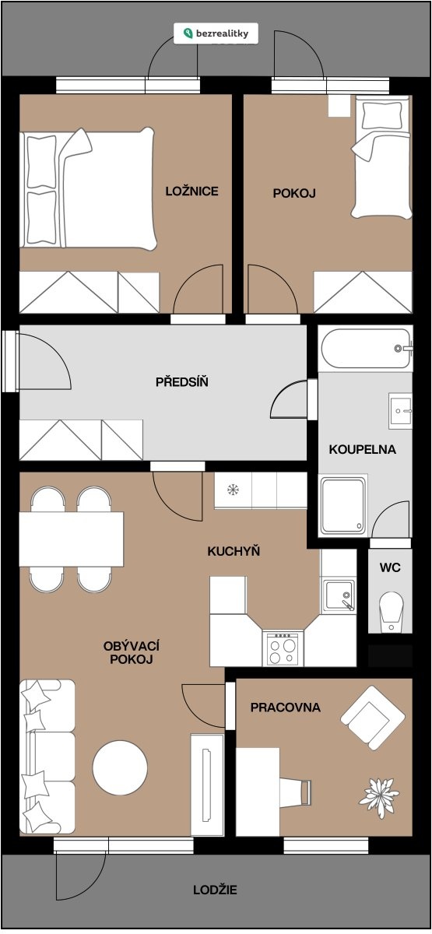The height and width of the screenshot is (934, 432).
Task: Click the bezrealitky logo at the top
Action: coord(216,33)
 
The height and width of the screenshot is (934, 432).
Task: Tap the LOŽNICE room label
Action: coord(191,191)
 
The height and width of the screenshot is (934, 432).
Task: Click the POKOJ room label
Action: coord(294,193)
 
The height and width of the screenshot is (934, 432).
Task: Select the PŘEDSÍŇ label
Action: coord(182,381)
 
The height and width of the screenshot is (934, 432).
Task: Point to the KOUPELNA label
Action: coord(363,450)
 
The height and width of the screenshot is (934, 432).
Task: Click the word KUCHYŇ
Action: coord(234,551)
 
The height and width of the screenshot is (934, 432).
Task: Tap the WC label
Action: coord(390,567)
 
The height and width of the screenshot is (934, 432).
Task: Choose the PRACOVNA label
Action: coord(285,708)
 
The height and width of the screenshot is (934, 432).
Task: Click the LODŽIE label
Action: coord(215,890)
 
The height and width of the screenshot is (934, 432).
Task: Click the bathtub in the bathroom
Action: coord(366,348)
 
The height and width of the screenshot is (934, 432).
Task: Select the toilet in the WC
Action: coord(391,612)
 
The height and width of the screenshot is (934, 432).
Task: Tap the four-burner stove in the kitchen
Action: coord(283,648)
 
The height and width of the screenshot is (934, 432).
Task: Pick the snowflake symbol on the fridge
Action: coord(233,490)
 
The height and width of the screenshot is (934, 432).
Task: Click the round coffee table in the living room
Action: coord(120,767)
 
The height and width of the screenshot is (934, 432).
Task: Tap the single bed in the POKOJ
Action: coord(381,156)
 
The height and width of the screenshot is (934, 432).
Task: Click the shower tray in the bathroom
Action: coord(342,506)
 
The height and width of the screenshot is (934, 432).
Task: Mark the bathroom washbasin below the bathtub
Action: coord(400,411)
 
